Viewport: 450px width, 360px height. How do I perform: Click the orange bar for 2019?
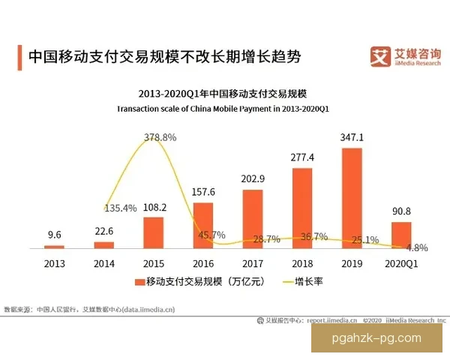click(x=352, y=198)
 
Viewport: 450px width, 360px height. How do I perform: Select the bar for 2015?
click(x=153, y=232)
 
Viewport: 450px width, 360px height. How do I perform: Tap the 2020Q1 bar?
click(x=401, y=235)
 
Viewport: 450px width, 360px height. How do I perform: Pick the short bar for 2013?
click(x=55, y=246)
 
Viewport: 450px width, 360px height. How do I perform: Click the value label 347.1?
click(x=351, y=138)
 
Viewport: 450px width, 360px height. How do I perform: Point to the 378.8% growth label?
click(x=160, y=137)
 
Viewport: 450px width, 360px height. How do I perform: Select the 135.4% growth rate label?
click(x=120, y=208)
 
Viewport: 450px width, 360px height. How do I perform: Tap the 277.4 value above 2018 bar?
click(x=301, y=157)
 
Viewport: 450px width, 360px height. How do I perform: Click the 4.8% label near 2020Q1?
click(x=417, y=247)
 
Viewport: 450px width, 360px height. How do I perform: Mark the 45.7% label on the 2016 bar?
click(x=213, y=235)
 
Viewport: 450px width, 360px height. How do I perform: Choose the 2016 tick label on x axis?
click(x=202, y=264)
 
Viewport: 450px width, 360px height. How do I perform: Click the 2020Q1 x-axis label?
click(x=400, y=264)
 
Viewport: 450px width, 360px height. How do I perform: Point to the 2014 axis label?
click(x=103, y=264)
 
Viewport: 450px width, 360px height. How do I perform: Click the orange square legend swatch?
click(x=139, y=282)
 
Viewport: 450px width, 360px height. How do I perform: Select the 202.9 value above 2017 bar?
click(x=252, y=178)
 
